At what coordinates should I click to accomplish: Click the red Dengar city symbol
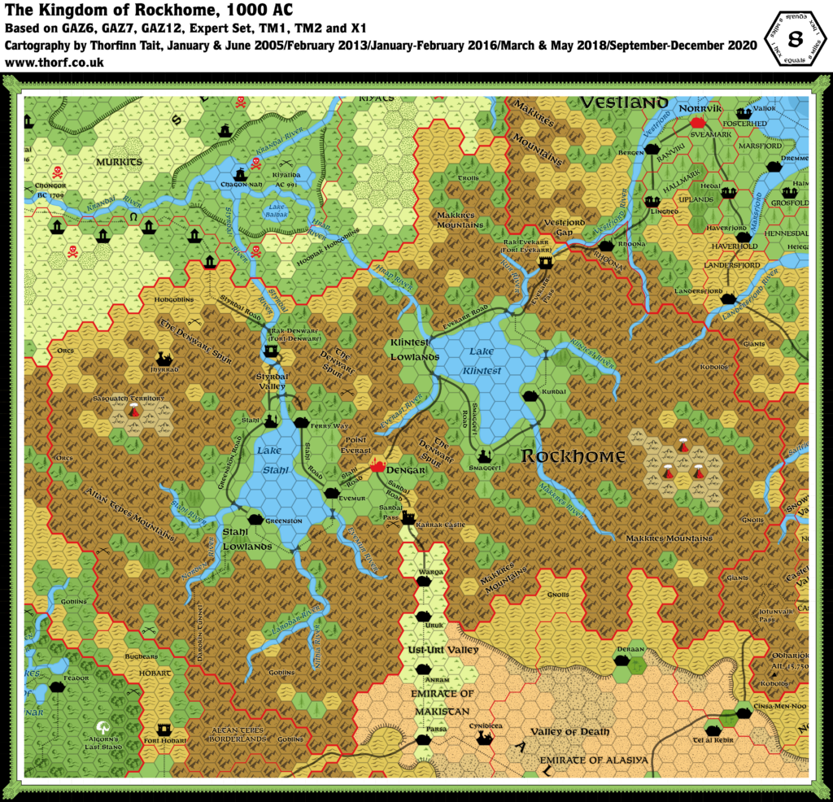(377, 466)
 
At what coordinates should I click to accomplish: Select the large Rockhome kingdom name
(573, 456)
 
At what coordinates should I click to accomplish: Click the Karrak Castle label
(440, 525)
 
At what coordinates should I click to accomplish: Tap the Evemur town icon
(331, 493)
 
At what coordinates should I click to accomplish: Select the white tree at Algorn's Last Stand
(103, 726)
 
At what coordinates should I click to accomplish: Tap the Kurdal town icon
(530, 395)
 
